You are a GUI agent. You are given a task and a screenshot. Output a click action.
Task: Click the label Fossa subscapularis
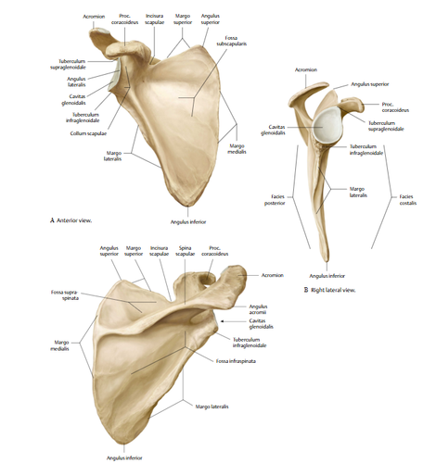(231, 41)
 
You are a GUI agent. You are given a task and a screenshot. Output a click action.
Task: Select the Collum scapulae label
(88, 133)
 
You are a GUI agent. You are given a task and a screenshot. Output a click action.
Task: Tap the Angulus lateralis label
(76, 81)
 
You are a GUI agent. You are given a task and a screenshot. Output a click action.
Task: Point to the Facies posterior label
(275, 200)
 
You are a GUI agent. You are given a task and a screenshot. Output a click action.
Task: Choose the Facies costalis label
(408, 200)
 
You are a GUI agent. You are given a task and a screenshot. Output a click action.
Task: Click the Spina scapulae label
(185, 251)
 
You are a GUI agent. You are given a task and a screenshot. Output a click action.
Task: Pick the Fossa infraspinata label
(236, 361)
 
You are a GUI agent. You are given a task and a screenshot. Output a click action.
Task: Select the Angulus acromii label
(259, 309)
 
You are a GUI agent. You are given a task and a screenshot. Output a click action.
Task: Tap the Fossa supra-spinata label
(65, 295)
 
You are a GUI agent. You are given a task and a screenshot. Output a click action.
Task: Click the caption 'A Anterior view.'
(71, 220)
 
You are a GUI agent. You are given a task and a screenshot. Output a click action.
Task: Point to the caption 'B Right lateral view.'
(329, 290)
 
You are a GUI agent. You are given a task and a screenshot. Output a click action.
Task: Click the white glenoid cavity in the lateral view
(327, 126)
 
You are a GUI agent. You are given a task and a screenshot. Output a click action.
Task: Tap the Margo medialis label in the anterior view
(237, 148)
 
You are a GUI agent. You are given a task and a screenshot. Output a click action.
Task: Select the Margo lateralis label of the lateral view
(358, 192)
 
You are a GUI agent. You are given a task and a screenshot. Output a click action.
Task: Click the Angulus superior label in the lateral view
(370, 84)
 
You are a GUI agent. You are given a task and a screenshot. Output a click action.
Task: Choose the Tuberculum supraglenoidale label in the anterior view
(68, 64)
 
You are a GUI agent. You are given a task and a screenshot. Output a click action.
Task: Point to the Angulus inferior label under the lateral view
(327, 276)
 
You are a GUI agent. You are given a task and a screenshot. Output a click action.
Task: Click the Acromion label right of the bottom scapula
(273, 275)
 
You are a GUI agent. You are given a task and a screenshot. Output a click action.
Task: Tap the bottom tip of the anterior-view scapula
(187, 206)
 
